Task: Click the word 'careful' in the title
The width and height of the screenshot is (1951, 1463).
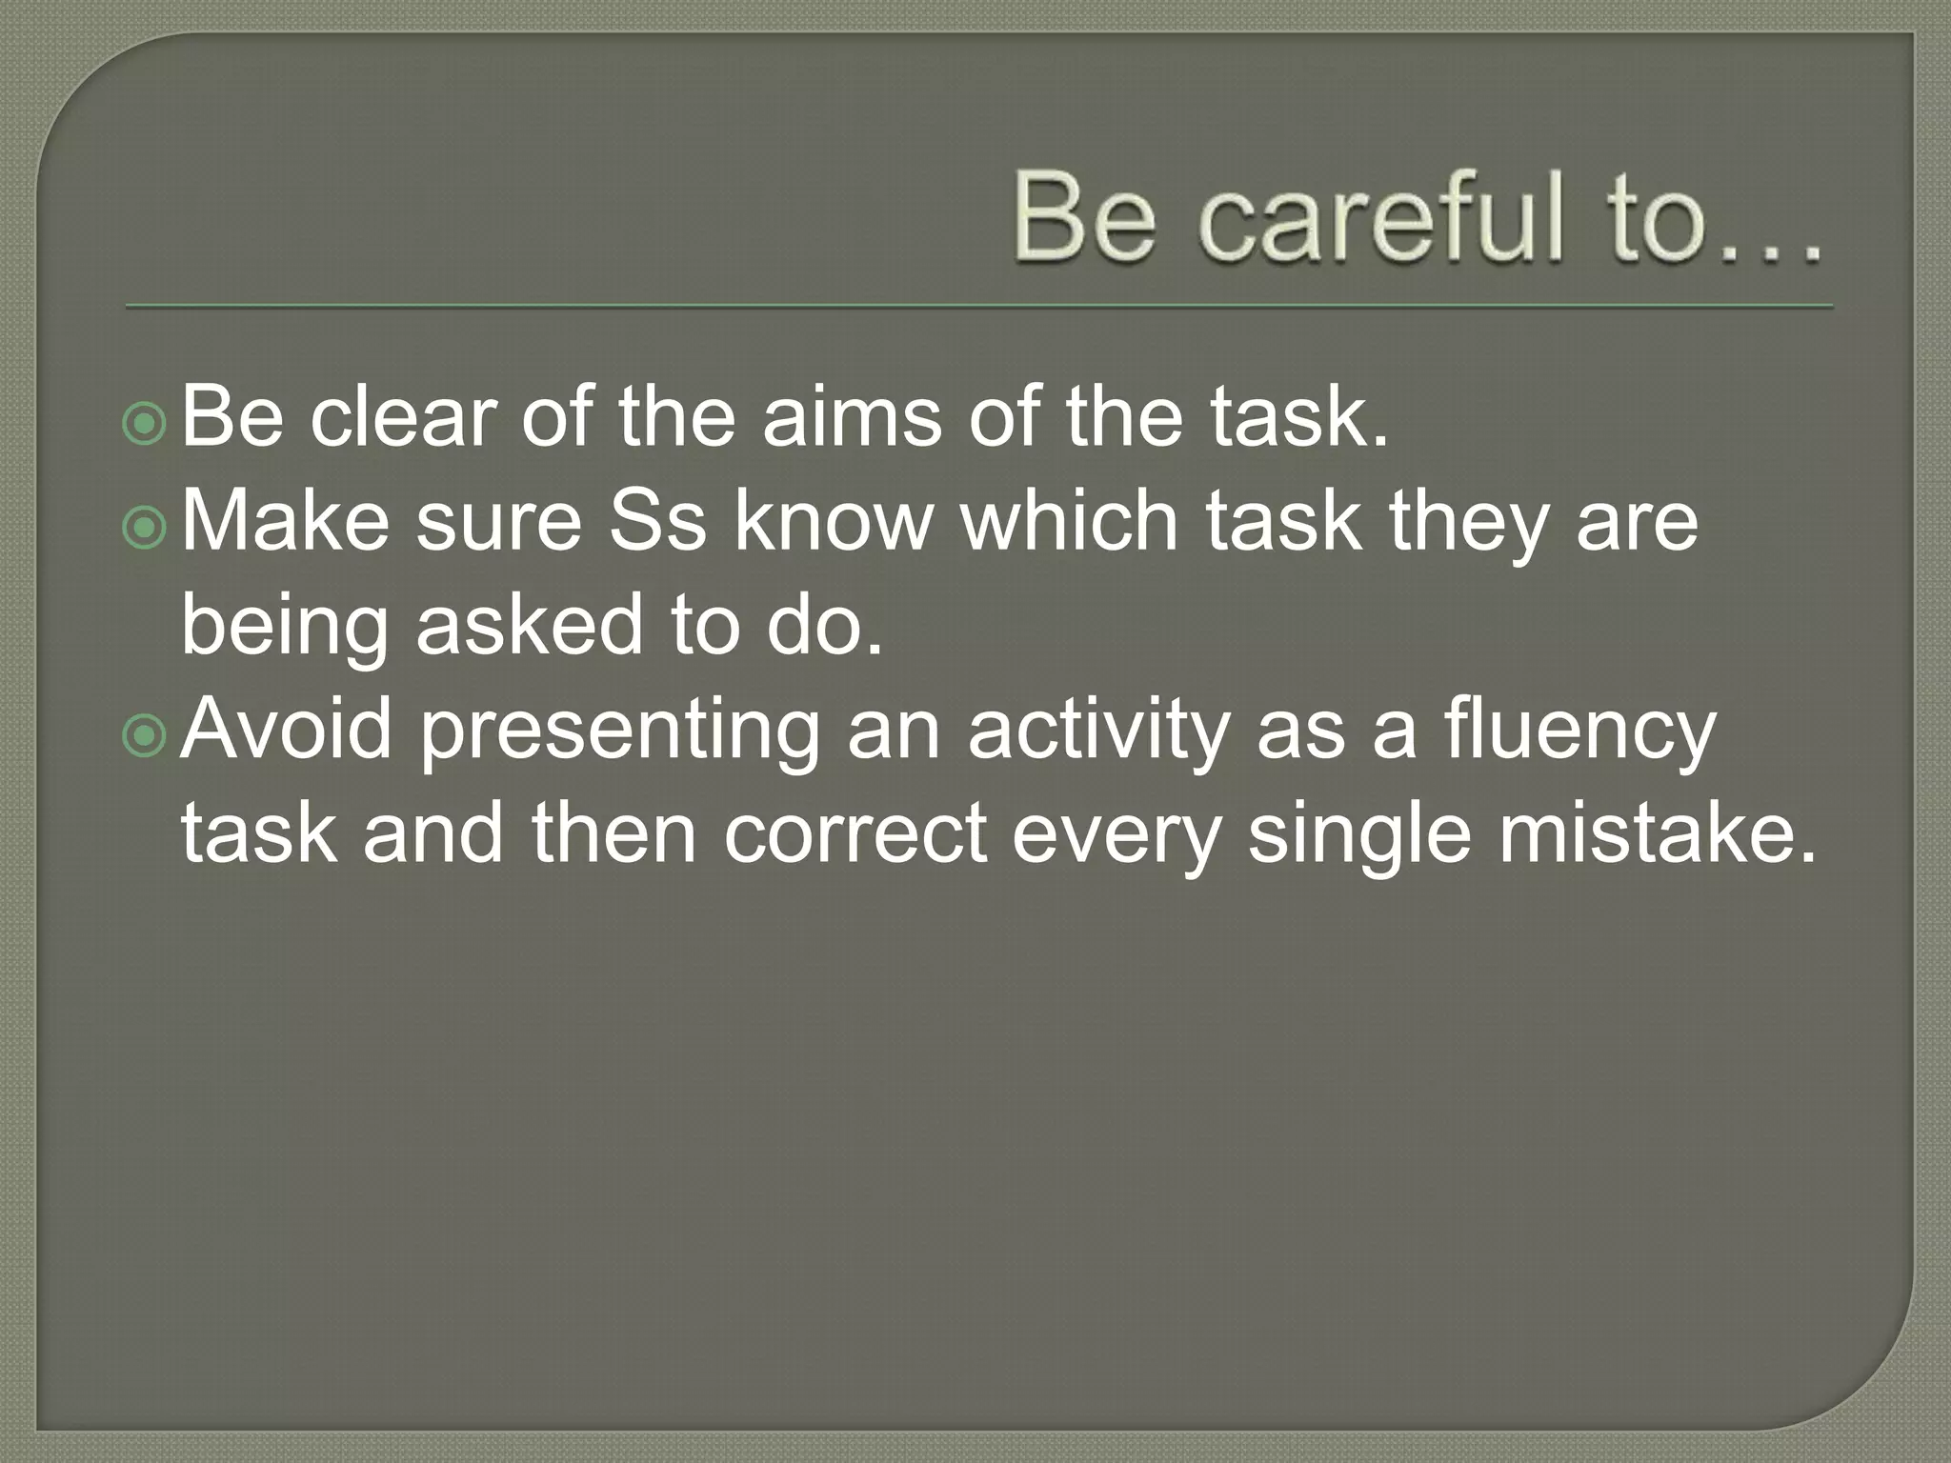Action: (1380, 217)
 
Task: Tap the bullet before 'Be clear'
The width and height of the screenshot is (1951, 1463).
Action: (145, 424)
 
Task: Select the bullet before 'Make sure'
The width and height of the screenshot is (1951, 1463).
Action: (145, 528)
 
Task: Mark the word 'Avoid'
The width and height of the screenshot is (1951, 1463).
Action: (286, 729)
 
